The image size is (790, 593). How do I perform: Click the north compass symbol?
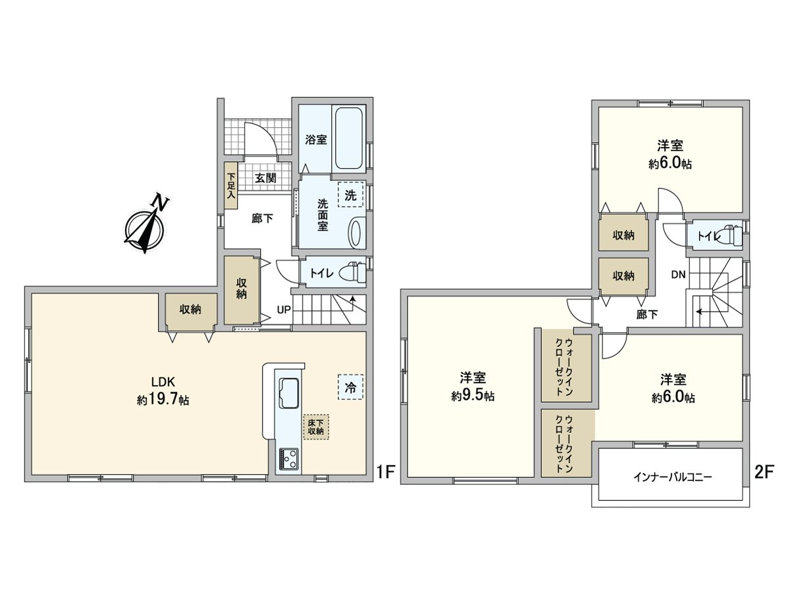pos(145,228)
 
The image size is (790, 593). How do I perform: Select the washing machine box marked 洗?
pos(350,195)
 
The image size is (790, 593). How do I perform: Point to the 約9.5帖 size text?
pos(473,396)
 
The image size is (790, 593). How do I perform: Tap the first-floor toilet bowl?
pos(354,272)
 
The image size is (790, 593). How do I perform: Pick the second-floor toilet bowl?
pos(732,235)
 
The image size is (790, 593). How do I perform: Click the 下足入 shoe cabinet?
pos(231,186)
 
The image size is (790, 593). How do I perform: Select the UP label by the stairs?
pos(284,310)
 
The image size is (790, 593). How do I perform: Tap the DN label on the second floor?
pos(678,274)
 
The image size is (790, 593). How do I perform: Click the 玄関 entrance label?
pos(265,178)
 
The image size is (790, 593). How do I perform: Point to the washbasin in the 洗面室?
pos(354,233)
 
